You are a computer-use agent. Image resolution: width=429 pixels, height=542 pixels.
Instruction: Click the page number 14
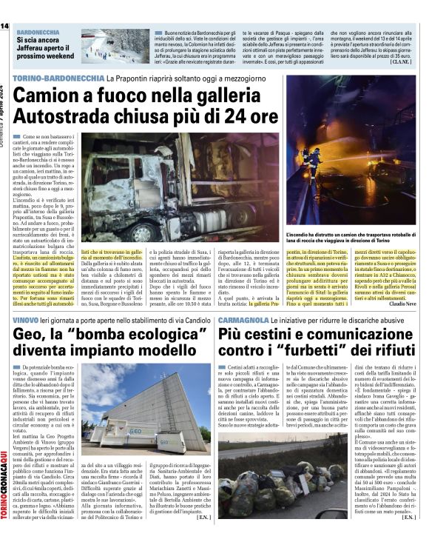4,26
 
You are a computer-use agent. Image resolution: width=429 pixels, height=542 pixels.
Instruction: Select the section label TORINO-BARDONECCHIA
58,78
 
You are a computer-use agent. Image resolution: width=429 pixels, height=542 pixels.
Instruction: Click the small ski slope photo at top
114,47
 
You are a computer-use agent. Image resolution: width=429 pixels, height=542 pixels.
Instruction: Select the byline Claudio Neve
403,304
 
